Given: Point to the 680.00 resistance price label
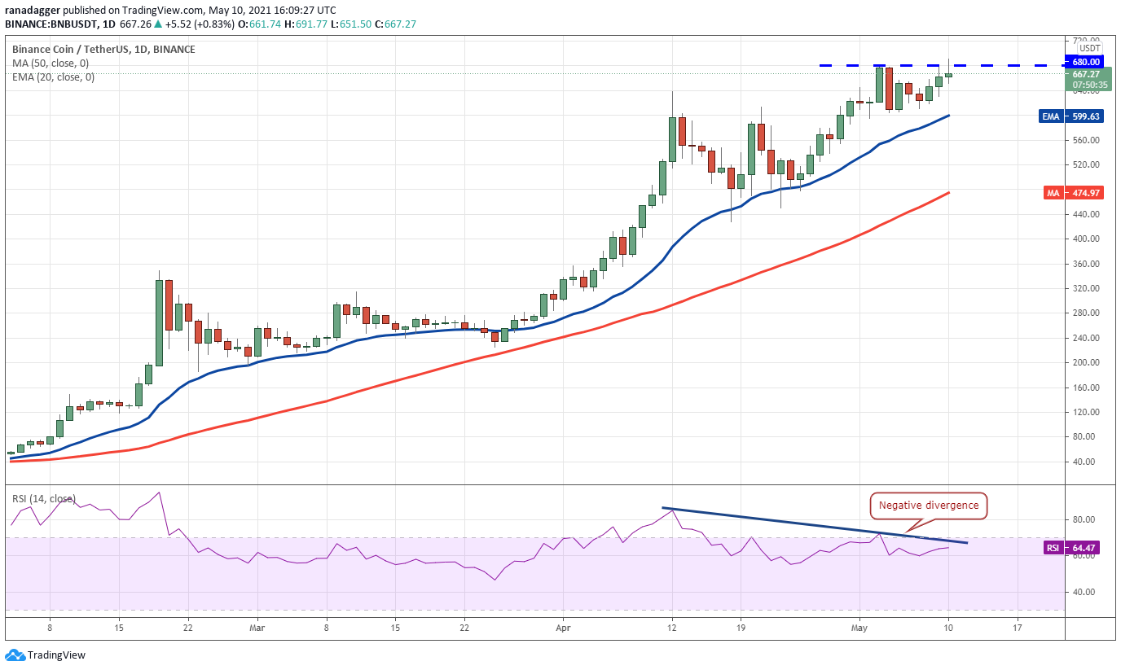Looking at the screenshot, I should pyautogui.click(x=1086, y=62).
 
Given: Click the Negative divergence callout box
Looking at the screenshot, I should pyautogui.click(x=929, y=506).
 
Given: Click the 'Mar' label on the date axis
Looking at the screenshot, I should pyautogui.click(x=257, y=628).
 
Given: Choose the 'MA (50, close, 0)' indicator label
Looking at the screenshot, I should pyautogui.click(x=51, y=63).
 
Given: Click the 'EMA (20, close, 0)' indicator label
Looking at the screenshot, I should pyautogui.click(x=53, y=77).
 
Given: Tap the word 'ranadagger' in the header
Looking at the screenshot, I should pyautogui.click(x=29, y=11).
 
